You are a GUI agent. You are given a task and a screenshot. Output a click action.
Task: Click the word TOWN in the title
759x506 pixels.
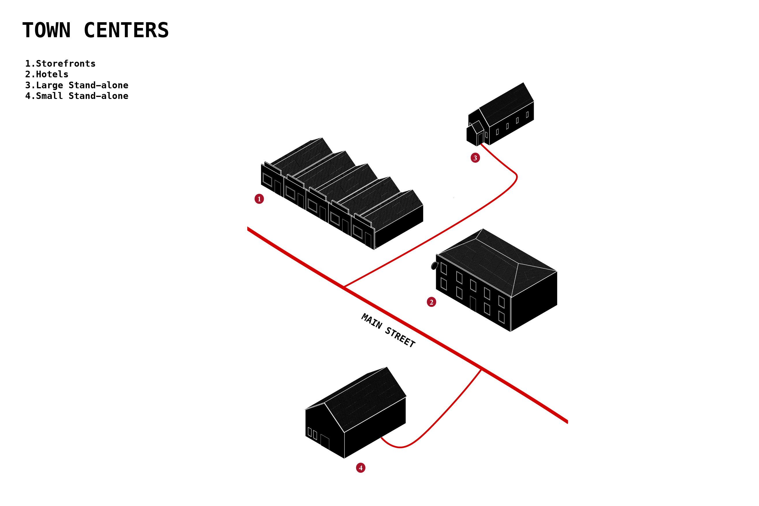pos(46,30)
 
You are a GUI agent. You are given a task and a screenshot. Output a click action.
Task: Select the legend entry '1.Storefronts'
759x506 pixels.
pos(60,63)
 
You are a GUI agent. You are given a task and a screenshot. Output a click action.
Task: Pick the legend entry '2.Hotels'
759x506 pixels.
pos(47,74)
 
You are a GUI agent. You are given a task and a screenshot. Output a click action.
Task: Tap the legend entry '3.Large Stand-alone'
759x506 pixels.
pos(77,85)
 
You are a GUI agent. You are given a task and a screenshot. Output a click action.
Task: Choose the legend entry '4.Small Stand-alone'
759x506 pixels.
pos(77,96)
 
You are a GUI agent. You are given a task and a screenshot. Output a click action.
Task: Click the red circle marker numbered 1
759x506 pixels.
pos(259,199)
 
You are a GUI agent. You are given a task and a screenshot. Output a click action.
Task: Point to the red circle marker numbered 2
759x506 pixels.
pos(431,302)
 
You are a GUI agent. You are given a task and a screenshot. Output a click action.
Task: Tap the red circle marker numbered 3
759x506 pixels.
pos(475,158)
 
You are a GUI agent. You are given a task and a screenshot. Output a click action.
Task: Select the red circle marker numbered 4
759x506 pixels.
pos(361,468)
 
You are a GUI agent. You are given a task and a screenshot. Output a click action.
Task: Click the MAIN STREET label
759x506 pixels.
pos(388,330)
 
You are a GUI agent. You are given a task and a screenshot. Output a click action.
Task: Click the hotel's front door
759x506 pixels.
pos(473,304)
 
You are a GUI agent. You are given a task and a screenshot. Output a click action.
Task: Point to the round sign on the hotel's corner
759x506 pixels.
pos(435,266)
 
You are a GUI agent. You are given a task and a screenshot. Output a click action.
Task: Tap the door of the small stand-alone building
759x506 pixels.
pos(325,443)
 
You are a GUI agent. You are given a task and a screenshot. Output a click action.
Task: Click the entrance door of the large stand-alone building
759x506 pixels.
pos(480,138)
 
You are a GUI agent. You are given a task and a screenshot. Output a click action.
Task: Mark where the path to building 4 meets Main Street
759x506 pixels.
pos(481,370)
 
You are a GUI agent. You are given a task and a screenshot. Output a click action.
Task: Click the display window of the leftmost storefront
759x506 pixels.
pos(267,180)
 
